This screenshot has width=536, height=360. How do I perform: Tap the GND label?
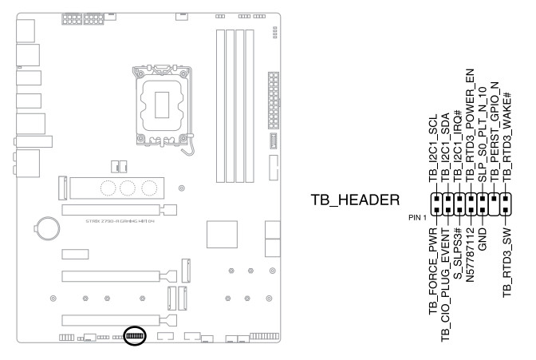[x=483, y=237]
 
